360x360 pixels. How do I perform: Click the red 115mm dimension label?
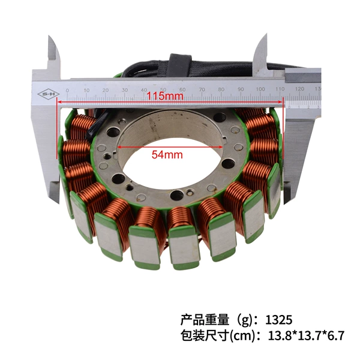pyautogui.click(x=165, y=96)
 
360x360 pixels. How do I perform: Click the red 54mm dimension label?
pyautogui.click(x=167, y=155)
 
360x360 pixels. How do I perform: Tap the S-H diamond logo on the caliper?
pyautogui.click(x=49, y=94)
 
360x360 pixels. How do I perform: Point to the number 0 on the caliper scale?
pyautogui.click(x=67, y=91)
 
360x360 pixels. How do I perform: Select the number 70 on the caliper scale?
pyautogui.click(x=202, y=89)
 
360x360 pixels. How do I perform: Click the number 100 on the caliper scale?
pyautogui.click(x=260, y=89)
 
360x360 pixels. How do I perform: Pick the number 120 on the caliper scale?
pyautogui.click(x=299, y=89)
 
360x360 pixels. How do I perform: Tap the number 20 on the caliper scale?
pyautogui.click(x=106, y=90)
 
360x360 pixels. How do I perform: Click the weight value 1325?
pyautogui.click(x=279, y=320)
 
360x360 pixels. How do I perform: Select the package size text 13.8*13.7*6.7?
pyautogui.click(x=306, y=335)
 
